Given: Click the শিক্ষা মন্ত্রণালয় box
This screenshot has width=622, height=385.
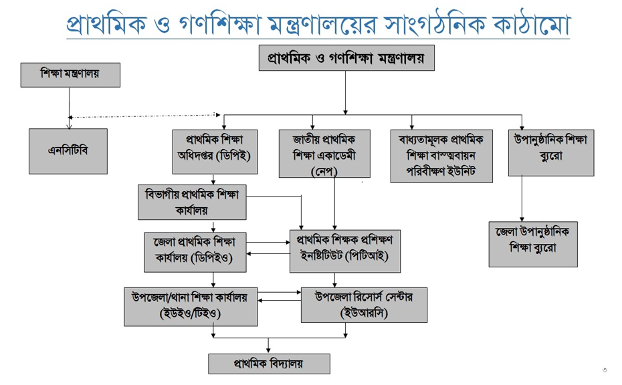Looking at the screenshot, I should coord(70,75).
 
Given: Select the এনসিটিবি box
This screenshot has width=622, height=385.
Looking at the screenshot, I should coord(68,151).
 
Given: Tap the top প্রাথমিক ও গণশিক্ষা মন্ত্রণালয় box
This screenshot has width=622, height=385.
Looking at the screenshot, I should coord(346,58).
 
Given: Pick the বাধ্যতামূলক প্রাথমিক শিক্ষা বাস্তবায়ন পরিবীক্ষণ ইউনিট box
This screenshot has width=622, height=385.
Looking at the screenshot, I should coord(441,156).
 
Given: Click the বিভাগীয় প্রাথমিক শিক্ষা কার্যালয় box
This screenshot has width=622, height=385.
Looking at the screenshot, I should coord(191,202).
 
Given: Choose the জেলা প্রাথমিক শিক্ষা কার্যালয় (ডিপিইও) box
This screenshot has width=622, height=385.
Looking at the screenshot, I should coord(194,251).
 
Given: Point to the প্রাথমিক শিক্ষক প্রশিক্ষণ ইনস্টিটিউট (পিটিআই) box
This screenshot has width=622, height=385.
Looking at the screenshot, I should coord(344,251).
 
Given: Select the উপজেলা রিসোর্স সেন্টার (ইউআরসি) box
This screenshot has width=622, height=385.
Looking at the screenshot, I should coord(364,305).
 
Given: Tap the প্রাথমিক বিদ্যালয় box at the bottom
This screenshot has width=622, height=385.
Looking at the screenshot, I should coord(269,364).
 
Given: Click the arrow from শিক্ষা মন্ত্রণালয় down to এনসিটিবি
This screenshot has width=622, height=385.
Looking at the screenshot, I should coord(69,107).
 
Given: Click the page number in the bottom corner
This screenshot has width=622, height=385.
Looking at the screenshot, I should coord(605,370).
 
